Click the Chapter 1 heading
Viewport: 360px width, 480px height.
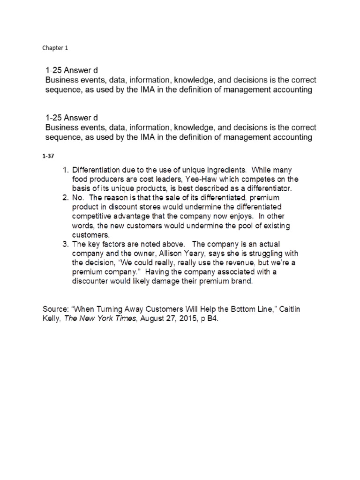click(55, 47)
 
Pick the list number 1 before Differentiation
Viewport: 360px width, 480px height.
click(65, 170)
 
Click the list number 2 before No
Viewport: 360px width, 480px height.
click(65, 197)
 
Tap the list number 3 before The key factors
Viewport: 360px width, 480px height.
click(65, 244)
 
